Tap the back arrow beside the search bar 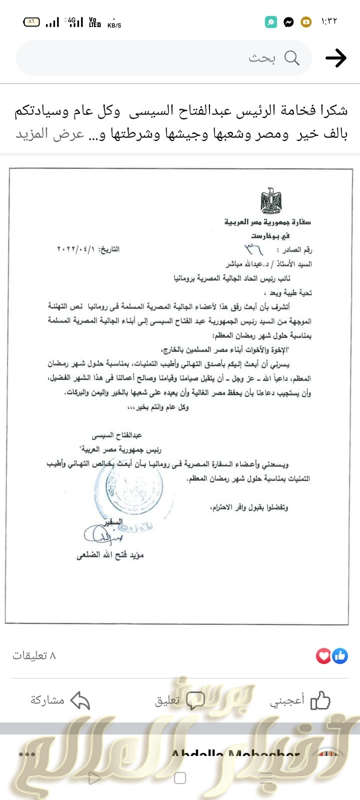(336, 58)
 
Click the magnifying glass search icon (292, 58)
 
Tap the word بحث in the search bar (262, 58)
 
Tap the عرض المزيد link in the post (49, 134)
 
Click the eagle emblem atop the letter (271, 201)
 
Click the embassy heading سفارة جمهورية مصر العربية (268, 221)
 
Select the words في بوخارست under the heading (270, 235)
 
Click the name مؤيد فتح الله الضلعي (110, 555)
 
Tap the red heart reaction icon (323, 655)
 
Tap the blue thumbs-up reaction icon (340, 655)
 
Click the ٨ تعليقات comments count (34, 655)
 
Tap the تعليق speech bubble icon (195, 700)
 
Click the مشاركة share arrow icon (80, 700)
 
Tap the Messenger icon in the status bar (288, 22)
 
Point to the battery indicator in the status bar (31, 22)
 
